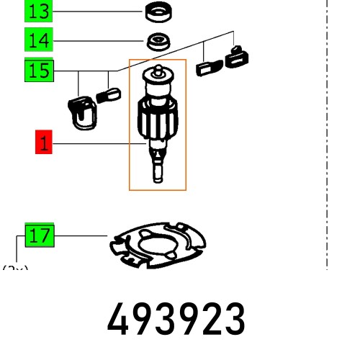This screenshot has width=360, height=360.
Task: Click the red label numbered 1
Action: [44, 143]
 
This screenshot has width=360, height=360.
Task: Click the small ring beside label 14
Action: [156, 40]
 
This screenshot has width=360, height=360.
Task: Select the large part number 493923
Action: [176, 319]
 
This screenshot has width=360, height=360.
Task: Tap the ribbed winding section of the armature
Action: [157, 119]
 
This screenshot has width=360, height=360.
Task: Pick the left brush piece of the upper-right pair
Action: [207, 68]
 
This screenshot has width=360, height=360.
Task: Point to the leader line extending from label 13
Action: [97, 12]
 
